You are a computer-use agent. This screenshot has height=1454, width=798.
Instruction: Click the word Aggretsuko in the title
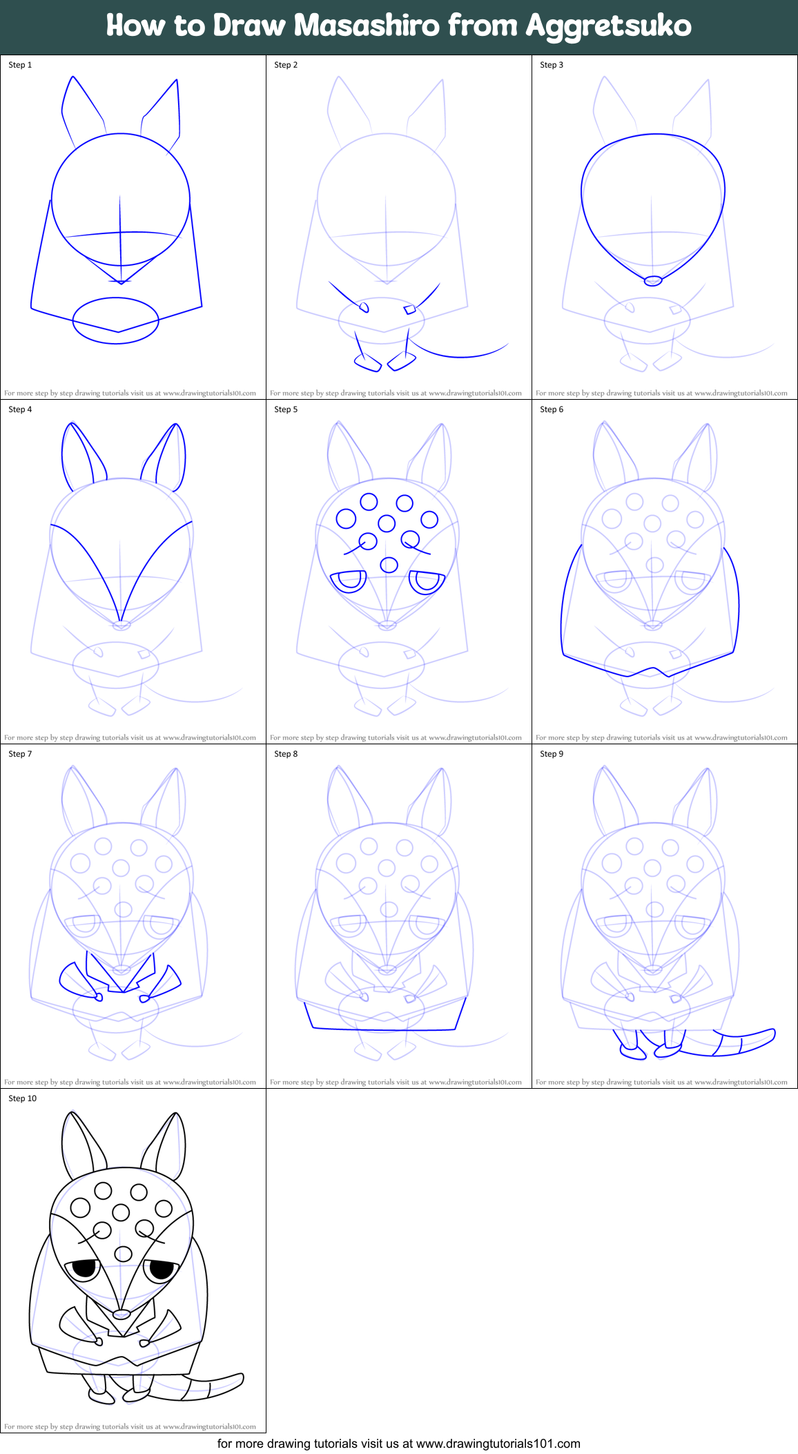608,26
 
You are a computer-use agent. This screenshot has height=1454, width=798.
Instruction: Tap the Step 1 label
20,65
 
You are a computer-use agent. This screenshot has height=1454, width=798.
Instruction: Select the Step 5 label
286,409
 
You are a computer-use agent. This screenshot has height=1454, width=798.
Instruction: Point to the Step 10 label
22,1098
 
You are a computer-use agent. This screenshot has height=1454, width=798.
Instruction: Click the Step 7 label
20,754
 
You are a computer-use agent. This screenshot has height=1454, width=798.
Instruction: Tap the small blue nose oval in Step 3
652,281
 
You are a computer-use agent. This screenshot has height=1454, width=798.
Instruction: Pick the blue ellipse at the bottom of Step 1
116,320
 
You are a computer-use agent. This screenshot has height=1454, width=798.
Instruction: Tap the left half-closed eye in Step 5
349,581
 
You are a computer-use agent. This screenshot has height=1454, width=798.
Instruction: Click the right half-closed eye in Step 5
427,582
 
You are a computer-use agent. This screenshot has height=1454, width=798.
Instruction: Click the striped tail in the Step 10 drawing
211,1388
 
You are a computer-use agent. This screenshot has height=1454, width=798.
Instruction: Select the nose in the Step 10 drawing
121,1313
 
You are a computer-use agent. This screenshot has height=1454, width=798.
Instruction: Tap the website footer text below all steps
399,1444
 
